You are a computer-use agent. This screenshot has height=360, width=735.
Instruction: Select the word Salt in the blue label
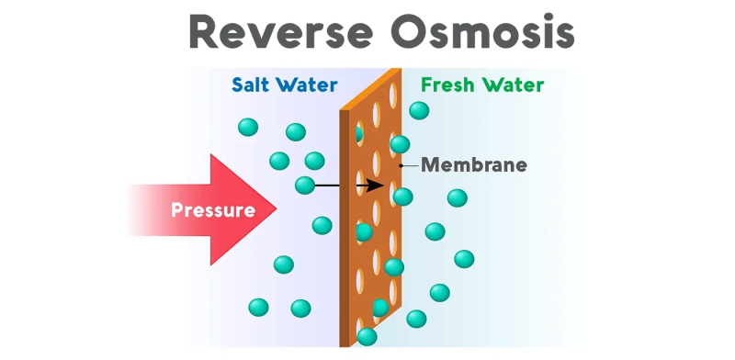253,86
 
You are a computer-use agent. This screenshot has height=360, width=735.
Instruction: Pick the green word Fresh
447,86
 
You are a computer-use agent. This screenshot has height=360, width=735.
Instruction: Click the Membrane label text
474,165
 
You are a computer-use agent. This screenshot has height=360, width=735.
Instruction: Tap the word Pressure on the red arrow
213,210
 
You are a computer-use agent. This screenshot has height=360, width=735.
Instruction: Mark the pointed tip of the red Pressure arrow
277,210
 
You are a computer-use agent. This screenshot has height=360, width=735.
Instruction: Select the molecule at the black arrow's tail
304,186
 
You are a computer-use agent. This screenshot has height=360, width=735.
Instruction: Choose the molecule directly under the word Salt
248,127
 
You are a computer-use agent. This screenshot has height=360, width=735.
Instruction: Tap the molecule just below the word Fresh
419,110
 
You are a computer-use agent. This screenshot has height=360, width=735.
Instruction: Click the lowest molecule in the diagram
367,337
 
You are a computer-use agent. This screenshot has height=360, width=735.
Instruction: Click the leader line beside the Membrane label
410,165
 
